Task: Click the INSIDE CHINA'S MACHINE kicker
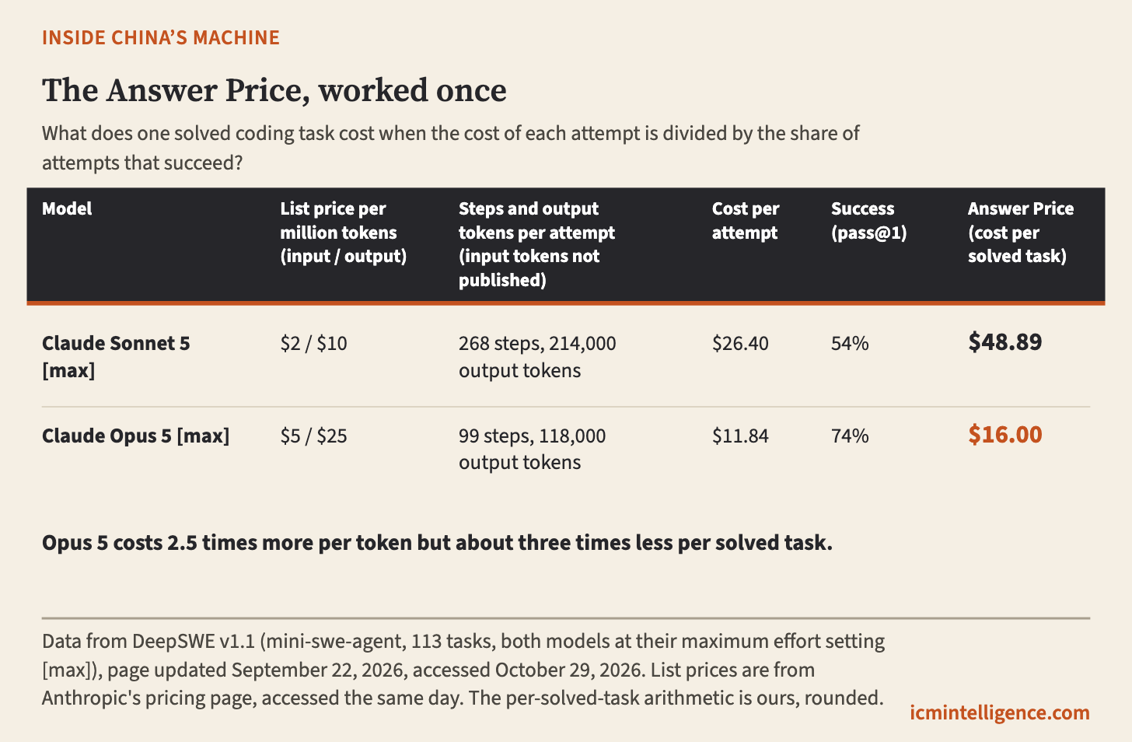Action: point(161,38)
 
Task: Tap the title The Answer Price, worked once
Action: point(274,91)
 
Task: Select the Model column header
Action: point(67,208)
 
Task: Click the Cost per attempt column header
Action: point(746,221)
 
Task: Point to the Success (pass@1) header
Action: point(869,221)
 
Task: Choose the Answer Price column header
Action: point(1021,233)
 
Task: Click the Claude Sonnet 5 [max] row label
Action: point(116,357)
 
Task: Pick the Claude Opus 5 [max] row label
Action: point(135,436)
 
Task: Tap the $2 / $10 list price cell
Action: point(313,344)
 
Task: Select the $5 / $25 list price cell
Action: point(313,436)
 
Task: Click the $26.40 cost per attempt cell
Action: point(740,344)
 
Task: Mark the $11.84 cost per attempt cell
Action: point(740,436)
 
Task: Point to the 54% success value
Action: point(850,344)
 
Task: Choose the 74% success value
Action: point(850,436)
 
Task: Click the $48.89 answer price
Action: point(1005,342)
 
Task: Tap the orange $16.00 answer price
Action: point(1005,435)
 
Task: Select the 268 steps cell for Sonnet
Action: point(537,357)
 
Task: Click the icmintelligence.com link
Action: point(1000,712)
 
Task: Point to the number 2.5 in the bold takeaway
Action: point(182,543)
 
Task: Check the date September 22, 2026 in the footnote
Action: point(319,670)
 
